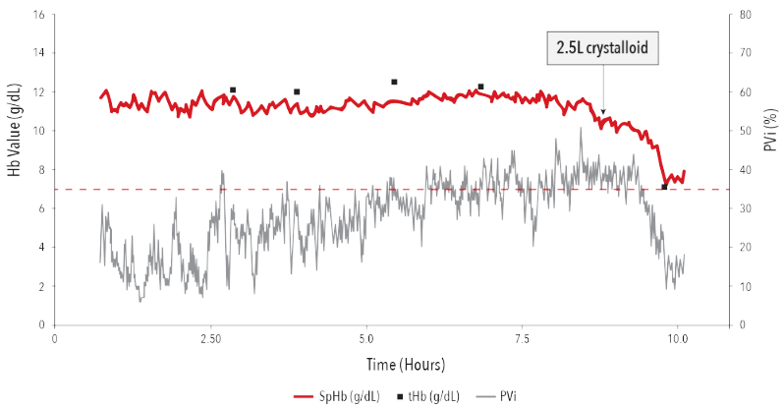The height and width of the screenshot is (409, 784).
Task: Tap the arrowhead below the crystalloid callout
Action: pos(603,111)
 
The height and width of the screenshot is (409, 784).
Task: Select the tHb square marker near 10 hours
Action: pos(664,187)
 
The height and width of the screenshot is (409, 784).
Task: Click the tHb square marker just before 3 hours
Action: pos(233,89)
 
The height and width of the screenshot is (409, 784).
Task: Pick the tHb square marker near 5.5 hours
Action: pos(394,82)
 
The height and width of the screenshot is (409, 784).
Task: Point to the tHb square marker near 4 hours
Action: pos(297,91)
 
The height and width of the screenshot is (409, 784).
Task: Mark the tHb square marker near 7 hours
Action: pos(480,87)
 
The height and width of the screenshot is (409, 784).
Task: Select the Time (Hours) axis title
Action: pos(406,365)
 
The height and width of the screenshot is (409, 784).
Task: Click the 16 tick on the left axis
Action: pos(38,15)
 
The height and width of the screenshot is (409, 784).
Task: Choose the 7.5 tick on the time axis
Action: pos(522,337)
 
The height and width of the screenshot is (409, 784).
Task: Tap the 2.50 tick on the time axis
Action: pos(210,337)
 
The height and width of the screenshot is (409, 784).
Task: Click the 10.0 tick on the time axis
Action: pos(677,337)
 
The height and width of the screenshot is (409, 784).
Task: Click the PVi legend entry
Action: pos(502,396)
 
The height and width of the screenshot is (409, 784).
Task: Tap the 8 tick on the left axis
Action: pos(41,169)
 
